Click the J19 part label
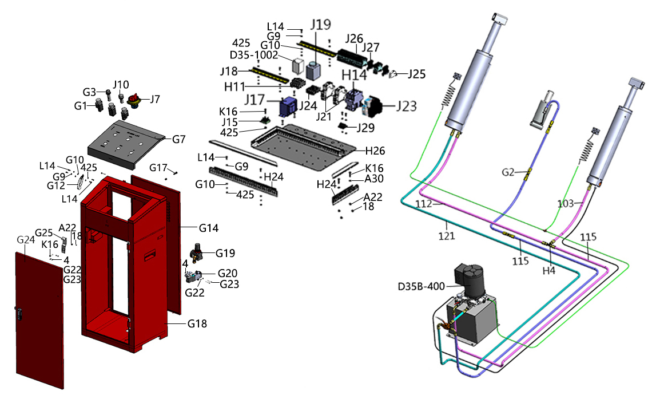pos(320,25)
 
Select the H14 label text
pos(354,76)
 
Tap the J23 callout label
pos(403,105)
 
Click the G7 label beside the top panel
pos(179,139)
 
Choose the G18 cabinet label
pos(197,324)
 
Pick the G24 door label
pos(26,240)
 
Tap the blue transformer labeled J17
pos(287,107)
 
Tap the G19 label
pos(225,252)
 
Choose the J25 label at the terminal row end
pos(417,74)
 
